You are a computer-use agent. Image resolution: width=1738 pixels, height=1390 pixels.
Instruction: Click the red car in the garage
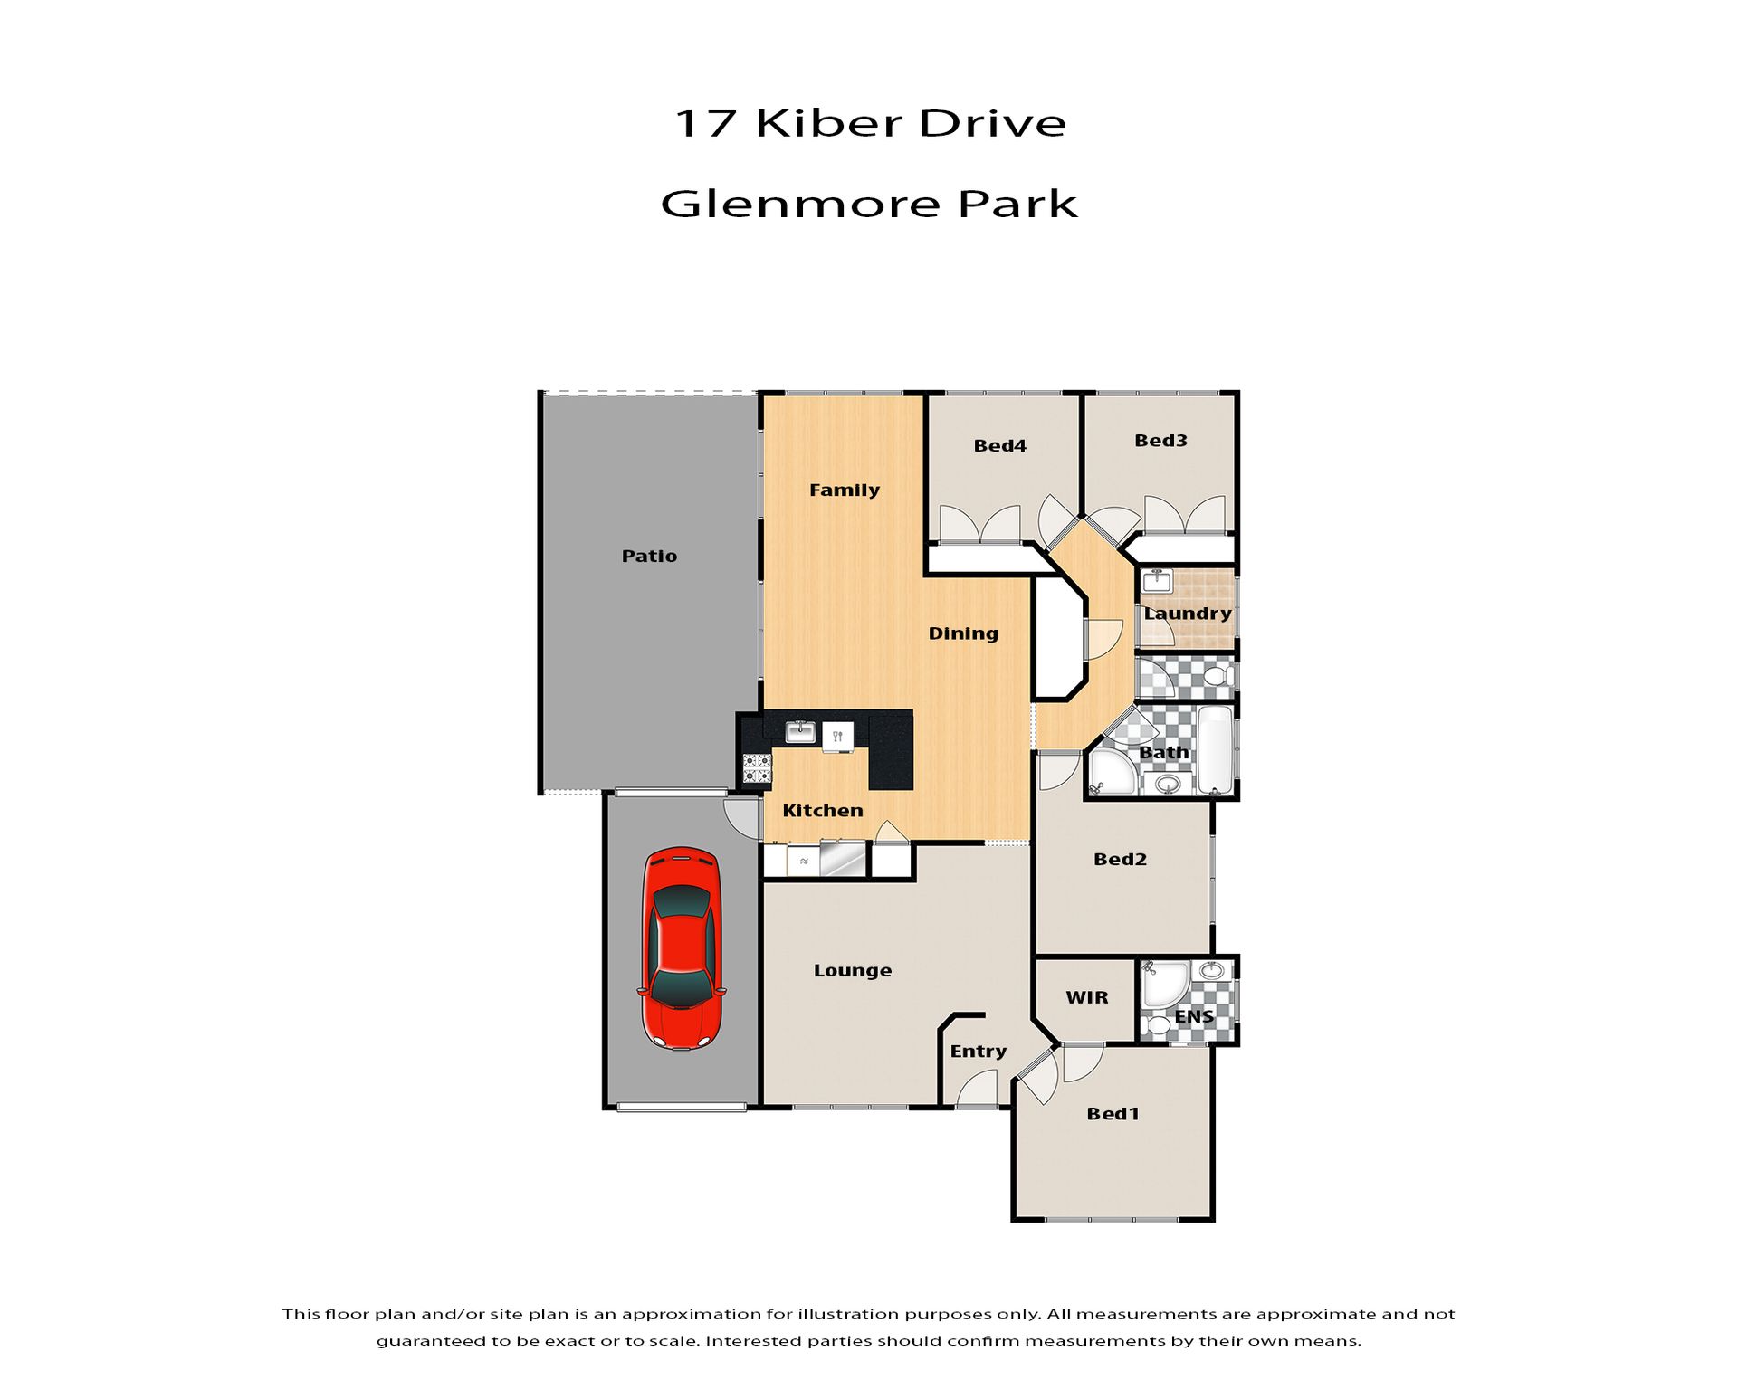683,948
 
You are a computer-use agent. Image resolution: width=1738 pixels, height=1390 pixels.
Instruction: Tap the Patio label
649,556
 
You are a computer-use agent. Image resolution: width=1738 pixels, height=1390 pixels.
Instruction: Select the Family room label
844,490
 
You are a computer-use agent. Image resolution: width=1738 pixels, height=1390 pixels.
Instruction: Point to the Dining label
963,633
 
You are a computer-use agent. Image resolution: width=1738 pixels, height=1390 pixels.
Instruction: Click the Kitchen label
822,811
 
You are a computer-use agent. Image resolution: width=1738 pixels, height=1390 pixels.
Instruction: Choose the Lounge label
853,971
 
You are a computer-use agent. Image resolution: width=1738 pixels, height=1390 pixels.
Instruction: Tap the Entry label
978,1052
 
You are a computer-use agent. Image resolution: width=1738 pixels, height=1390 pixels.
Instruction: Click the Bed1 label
1113,1114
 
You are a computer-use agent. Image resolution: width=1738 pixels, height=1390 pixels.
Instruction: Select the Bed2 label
1120,860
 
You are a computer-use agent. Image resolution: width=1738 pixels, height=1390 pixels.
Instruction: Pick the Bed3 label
1160,441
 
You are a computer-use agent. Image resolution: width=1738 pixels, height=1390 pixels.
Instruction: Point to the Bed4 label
999,445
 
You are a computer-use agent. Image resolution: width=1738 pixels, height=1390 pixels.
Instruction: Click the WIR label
1086,997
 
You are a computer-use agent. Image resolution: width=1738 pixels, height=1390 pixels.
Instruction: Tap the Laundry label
1188,614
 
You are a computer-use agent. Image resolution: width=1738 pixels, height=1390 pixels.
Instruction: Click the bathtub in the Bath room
1215,751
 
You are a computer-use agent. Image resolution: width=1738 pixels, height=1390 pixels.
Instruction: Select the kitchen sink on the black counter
800,731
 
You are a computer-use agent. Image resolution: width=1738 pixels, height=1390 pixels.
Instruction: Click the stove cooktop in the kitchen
757,768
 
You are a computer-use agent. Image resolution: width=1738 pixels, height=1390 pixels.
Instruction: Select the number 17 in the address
704,124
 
